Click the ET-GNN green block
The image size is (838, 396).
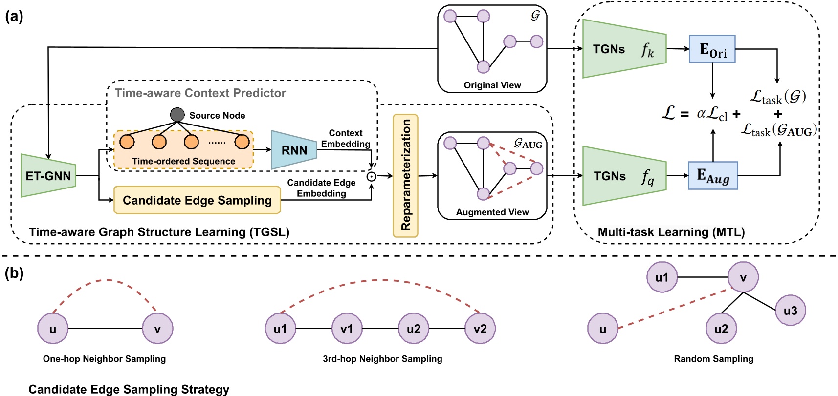tap(48, 176)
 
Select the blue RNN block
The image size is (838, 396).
tap(294, 150)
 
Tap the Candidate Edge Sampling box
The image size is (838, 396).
tap(197, 200)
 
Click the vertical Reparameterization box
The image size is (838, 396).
tap(405, 176)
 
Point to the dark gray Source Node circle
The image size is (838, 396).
tap(177, 115)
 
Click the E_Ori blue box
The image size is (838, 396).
tap(712, 49)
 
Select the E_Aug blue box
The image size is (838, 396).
tap(712, 176)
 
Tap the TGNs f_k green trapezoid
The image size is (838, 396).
tap(624, 49)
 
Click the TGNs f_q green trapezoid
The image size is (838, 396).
tap(624, 176)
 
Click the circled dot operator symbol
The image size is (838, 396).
tap(372, 176)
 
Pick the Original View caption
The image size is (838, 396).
tap(492, 85)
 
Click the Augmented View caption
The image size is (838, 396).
tap(492, 212)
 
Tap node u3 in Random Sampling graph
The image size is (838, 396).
tap(790, 311)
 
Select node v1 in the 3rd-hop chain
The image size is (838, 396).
tap(347, 329)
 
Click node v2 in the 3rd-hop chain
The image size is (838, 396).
tap(480, 329)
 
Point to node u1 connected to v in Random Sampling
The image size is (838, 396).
tap(662, 277)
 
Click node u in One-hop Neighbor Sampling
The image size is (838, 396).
tap(53, 329)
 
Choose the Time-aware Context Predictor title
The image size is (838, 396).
tap(200, 93)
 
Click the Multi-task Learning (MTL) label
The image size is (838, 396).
tap(671, 232)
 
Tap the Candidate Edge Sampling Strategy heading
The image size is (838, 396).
tap(129, 389)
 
